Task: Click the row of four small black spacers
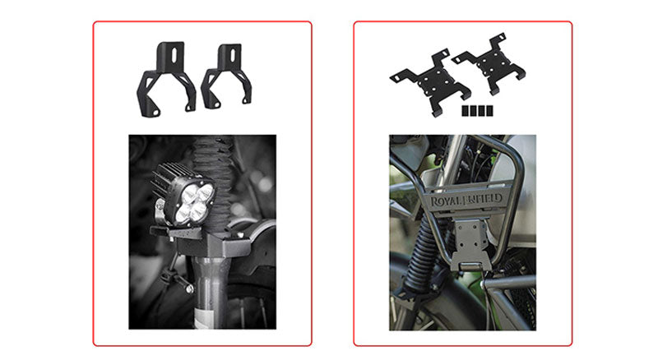tap(477, 110)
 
